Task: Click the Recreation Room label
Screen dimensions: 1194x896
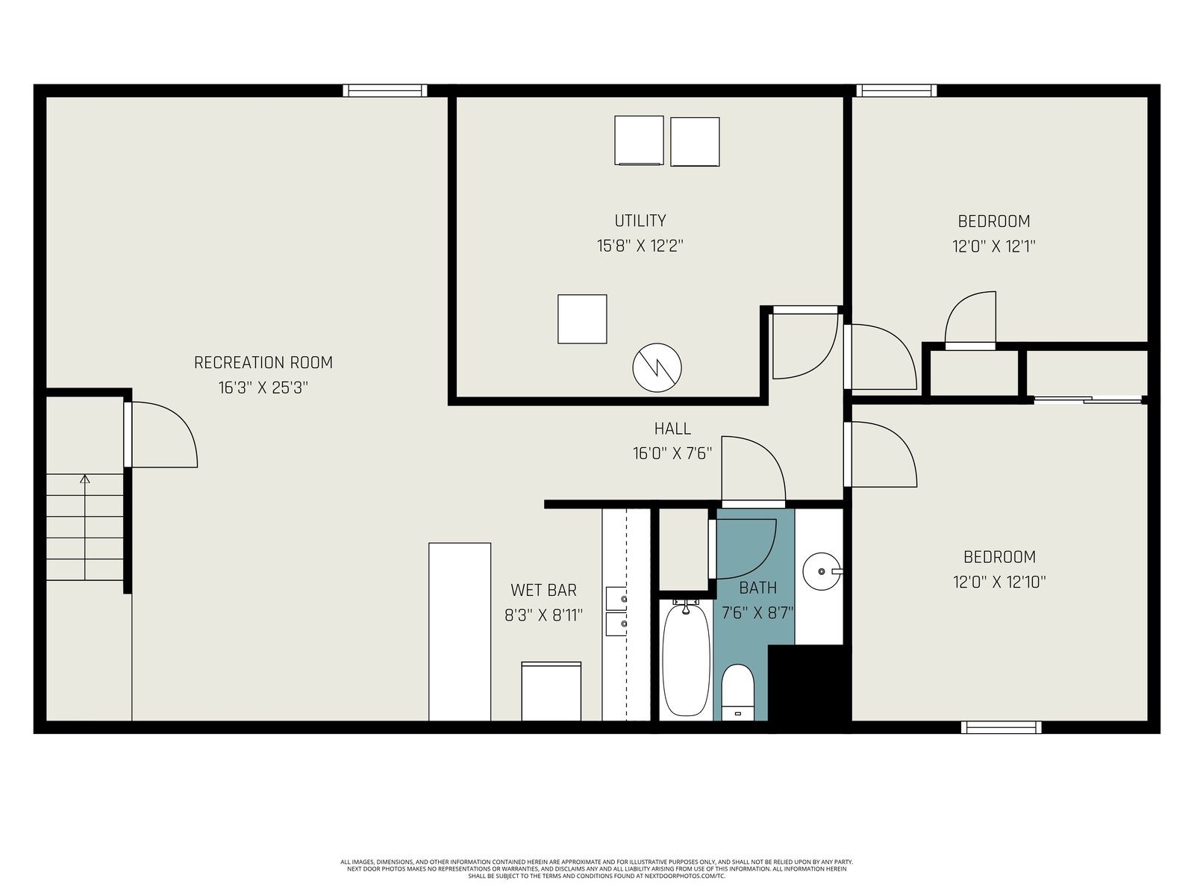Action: click(x=263, y=363)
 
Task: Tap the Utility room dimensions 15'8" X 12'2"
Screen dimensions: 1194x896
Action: click(x=640, y=246)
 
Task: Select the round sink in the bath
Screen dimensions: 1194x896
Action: click(x=822, y=571)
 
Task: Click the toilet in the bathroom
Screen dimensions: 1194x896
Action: click(x=737, y=693)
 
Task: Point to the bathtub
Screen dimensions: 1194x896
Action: click(x=687, y=659)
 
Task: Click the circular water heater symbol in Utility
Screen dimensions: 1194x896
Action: click(x=657, y=368)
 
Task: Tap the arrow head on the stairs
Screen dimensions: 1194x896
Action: click(x=85, y=479)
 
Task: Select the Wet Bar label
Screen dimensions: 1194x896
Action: click(x=543, y=591)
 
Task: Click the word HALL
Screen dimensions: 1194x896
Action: click(x=672, y=429)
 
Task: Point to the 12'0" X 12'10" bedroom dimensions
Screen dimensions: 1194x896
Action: click(x=999, y=582)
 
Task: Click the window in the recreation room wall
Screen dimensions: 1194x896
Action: click(x=385, y=90)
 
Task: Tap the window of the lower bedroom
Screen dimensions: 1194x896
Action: click(x=1001, y=727)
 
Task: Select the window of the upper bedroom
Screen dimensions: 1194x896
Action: click(x=896, y=90)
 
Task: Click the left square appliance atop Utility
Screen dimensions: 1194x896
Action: click(x=639, y=140)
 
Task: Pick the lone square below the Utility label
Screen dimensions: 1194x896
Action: click(x=582, y=320)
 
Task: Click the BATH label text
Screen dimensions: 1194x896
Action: click(x=757, y=588)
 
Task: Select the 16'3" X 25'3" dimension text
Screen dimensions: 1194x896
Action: click(x=263, y=388)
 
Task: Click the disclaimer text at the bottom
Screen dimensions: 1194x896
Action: click(x=597, y=869)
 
